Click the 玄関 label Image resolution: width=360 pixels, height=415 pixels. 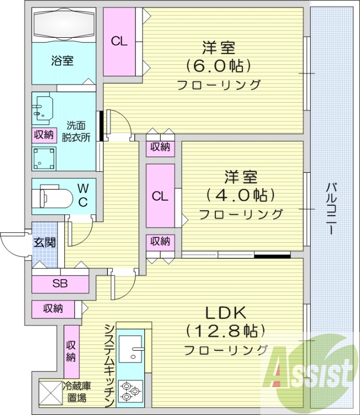coord(45,242)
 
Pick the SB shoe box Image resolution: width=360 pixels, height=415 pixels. coord(60,284)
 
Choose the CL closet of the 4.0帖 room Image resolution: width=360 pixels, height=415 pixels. coord(160,196)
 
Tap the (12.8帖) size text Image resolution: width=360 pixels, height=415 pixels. coord(225,330)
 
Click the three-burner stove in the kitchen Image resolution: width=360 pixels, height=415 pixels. coord(130,391)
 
